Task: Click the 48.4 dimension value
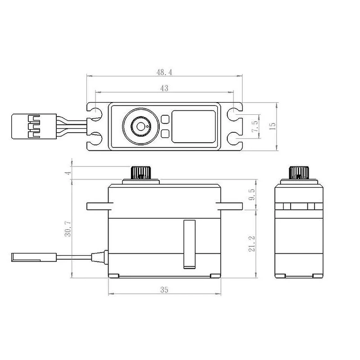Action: [164, 72]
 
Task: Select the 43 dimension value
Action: [164, 88]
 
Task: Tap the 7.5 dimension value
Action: [255, 126]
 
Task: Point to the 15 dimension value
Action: [272, 126]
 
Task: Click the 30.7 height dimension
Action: [68, 229]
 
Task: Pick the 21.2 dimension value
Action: [252, 243]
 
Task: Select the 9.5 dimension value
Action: [252, 194]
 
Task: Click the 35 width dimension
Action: [164, 290]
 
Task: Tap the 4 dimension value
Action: [68, 173]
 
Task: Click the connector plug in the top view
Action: [34, 126]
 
